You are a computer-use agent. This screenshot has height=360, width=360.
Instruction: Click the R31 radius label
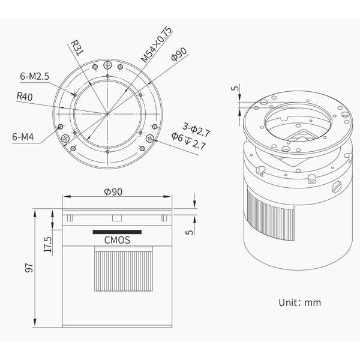click(77, 48)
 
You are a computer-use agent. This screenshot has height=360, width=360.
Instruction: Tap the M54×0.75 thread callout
click(157, 44)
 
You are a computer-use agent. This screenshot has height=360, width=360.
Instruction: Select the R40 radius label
click(25, 97)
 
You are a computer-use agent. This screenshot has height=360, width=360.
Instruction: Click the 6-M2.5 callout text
click(35, 76)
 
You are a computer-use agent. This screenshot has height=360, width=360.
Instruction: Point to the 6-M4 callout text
click(23, 137)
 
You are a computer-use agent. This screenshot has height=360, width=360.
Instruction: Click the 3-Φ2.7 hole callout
click(196, 130)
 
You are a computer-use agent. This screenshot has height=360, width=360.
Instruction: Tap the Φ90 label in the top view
click(179, 55)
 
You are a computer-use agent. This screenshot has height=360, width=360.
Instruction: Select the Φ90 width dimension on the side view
click(113, 192)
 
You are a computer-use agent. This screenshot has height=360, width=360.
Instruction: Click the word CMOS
click(117, 240)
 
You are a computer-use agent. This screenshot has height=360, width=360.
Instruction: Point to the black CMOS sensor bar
click(117, 232)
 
